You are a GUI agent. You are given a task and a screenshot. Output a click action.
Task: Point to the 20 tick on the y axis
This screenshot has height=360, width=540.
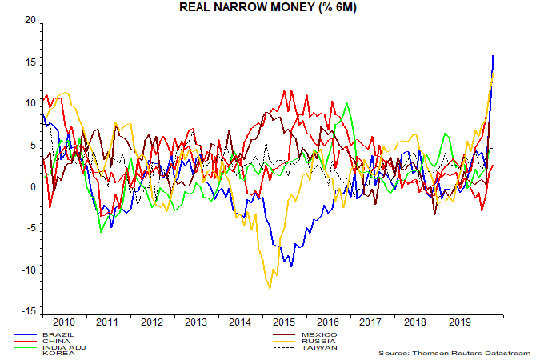pyautogui.click(x=30, y=21)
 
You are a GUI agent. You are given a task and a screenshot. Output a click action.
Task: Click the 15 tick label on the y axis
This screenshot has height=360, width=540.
pyautogui.click(x=30, y=62)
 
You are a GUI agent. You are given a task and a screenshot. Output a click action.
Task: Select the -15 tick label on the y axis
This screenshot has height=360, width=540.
pyautogui.click(x=28, y=311)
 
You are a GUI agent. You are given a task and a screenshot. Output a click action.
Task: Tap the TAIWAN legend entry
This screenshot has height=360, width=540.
pyautogui.click(x=319, y=347)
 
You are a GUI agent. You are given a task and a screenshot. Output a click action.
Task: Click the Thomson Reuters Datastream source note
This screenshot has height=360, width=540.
pyautogui.click(x=455, y=352)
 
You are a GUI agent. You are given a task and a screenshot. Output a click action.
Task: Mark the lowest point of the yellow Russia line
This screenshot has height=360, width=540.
pyautogui.click(x=270, y=287)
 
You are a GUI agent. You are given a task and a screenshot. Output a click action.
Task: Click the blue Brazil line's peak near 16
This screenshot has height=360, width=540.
pyautogui.click(x=493, y=56)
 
